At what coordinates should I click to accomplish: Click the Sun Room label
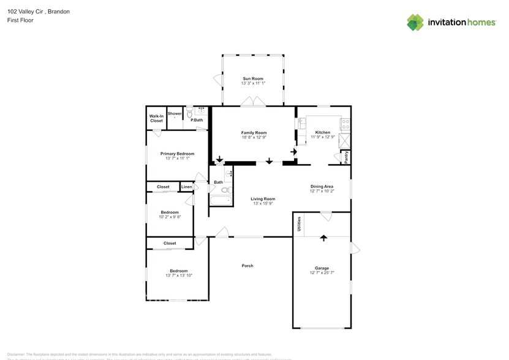(x=253, y=79)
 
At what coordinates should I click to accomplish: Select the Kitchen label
(x=323, y=132)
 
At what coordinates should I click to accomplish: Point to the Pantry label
(x=346, y=157)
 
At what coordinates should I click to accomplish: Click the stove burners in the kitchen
(x=346, y=124)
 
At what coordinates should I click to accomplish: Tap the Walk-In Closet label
(x=157, y=118)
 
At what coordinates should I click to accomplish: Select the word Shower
(x=175, y=113)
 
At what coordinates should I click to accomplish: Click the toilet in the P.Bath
(x=189, y=114)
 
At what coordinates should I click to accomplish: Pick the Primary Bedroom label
(x=177, y=153)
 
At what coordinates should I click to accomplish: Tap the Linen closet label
(x=187, y=187)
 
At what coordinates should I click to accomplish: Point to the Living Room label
(x=263, y=198)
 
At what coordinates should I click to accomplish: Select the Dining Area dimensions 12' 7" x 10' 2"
(x=322, y=192)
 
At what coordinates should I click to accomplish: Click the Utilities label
(x=299, y=224)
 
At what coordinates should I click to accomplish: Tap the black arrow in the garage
(x=323, y=238)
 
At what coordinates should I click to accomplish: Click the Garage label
(x=322, y=268)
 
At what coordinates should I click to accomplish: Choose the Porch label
(x=247, y=265)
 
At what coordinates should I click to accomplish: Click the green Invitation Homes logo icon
(x=415, y=23)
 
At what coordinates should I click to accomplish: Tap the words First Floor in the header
(x=20, y=20)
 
